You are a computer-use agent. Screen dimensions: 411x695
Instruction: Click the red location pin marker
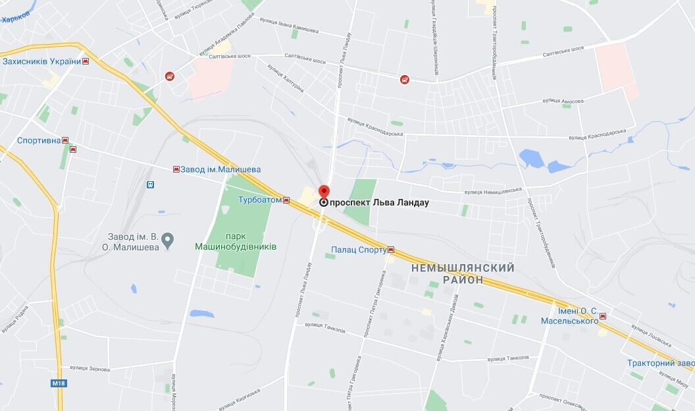[x=323, y=192]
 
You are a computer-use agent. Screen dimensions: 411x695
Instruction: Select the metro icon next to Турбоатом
[x=286, y=200]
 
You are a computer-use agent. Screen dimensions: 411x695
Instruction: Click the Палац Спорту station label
[x=358, y=250]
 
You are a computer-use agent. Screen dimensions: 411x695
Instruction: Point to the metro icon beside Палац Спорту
[x=391, y=250]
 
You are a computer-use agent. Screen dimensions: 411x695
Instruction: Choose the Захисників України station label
[x=41, y=61]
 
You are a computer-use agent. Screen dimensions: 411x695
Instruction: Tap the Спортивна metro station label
[x=39, y=140]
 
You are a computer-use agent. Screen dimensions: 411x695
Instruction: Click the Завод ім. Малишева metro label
[x=221, y=169]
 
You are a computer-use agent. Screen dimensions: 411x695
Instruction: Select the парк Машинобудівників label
[x=236, y=242]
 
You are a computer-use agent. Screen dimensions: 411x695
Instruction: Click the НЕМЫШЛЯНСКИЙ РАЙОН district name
[x=463, y=274]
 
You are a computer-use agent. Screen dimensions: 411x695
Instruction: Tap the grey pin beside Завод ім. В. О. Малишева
[x=168, y=240]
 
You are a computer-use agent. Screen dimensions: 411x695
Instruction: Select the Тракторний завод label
[x=660, y=363]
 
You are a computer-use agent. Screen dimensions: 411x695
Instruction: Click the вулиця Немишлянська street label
[x=493, y=192]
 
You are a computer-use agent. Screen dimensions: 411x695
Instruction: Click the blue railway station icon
[x=151, y=185]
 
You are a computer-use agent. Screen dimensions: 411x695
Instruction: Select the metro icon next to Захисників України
[x=86, y=61]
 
